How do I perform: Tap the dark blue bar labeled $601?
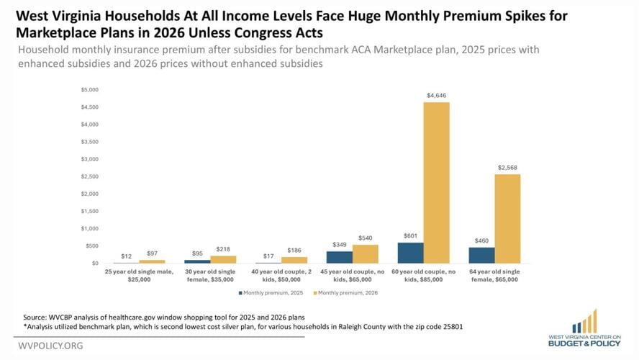tap(410, 253)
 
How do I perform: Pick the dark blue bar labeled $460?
tap(481, 255)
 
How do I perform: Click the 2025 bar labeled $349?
tap(339, 257)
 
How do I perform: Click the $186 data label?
tap(294, 249)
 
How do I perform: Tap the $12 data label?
tap(127, 256)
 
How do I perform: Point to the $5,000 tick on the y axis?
tap(89, 90)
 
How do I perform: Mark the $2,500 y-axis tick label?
tap(89, 176)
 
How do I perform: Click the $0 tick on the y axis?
tap(94, 264)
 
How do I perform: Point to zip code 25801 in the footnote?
tap(448, 326)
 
